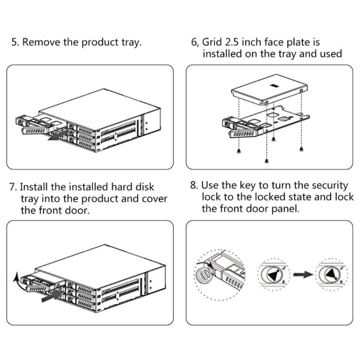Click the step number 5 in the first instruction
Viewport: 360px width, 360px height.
(15, 42)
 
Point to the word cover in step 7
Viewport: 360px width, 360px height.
(155, 198)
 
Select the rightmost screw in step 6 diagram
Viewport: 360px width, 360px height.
(301, 149)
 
